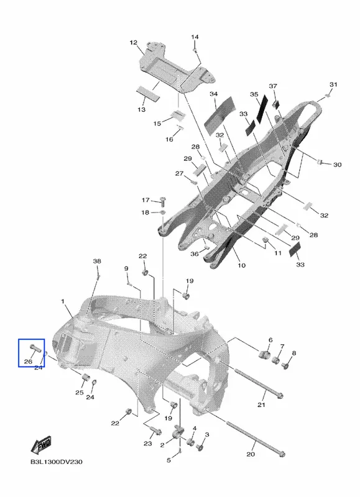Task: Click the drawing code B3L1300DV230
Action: click(x=57, y=462)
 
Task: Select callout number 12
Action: click(x=134, y=42)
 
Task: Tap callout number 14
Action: click(x=195, y=37)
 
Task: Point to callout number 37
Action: click(x=273, y=86)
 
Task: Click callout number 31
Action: click(x=333, y=84)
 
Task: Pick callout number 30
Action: click(x=337, y=165)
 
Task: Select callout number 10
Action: click(x=242, y=265)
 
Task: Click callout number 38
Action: click(x=97, y=261)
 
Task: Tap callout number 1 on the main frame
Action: click(x=62, y=301)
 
